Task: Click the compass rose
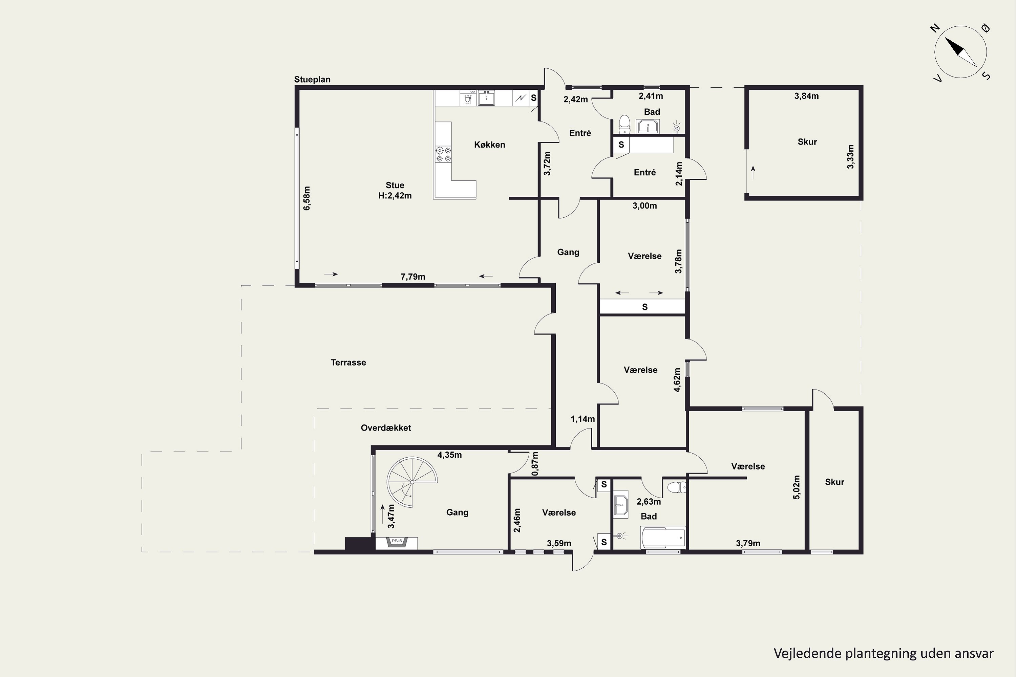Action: [961, 52]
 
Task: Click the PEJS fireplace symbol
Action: [397, 542]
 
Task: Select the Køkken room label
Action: [489, 145]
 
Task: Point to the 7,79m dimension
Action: [413, 277]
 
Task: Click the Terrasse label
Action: [348, 363]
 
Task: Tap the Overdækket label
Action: [386, 428]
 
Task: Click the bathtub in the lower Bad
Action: [663, 538]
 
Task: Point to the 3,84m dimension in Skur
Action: [806, 96]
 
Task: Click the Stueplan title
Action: [312, 80]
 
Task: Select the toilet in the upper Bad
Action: [624, 124]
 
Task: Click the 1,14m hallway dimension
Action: [583, 419]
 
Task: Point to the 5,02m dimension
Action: [797, 487]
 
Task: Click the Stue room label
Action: [395, 185]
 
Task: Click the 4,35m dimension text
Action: [450, 455]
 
